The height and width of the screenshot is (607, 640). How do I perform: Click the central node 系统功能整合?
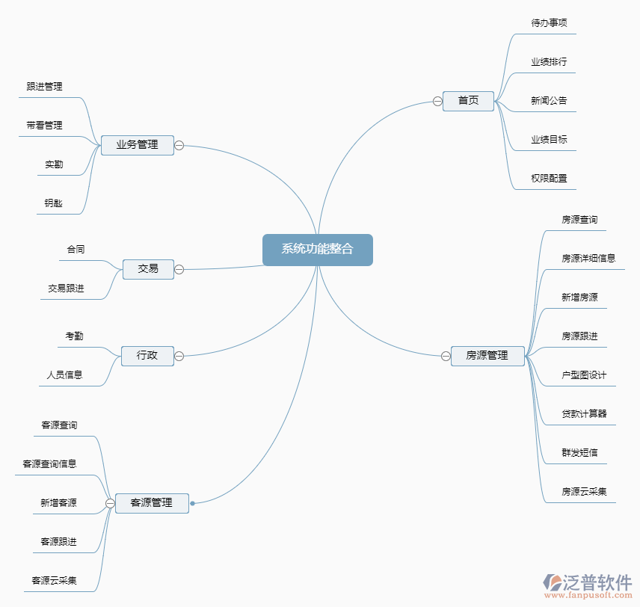coord(317,250)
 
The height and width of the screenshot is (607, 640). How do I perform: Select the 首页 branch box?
coord(468,100)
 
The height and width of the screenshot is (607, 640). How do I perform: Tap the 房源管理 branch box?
coord(487,356)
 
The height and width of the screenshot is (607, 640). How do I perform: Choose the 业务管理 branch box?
coord(138,145)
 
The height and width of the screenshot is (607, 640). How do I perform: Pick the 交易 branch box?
coord(148,269)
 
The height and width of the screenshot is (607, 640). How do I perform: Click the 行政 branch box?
coord(147,356)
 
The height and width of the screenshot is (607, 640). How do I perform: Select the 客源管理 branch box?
coord(152,503)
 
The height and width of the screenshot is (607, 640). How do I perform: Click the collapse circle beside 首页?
coord(437,102)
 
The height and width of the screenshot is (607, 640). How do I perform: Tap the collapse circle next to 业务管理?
coord(179,145)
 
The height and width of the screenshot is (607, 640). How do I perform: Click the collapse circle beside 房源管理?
coord(446,357)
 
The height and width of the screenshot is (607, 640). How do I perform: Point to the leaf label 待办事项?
coord(549,23)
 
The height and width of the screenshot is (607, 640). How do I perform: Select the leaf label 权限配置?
coord(549,179)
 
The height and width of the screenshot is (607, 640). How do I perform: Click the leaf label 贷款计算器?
coord(584,414)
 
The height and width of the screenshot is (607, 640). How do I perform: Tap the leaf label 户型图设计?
coord(584,375)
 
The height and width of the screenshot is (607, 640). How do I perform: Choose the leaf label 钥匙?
coord(54,203)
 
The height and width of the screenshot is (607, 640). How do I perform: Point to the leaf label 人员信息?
coord(65,375)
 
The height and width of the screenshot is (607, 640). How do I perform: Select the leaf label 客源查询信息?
coord(49,464)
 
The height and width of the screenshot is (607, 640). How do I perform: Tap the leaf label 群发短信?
coord(579,453)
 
